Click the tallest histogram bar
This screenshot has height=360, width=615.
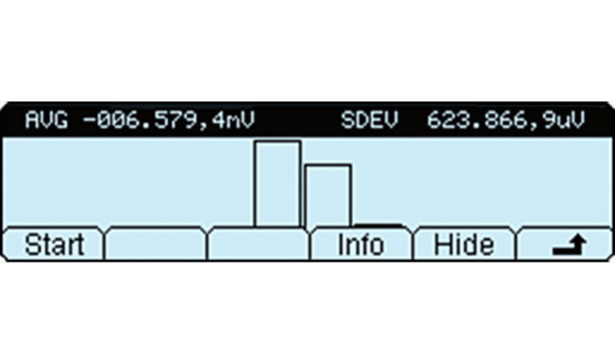coord(277,183)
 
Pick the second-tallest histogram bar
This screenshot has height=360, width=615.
coord(328,195)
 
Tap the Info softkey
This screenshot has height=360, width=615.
coord(360,245)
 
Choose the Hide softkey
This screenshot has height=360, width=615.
coord(464,245)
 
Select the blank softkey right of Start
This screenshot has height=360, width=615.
coord(155,245)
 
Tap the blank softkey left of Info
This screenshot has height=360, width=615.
coord(258,245)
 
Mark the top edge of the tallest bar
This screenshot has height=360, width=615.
coord(277,142)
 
